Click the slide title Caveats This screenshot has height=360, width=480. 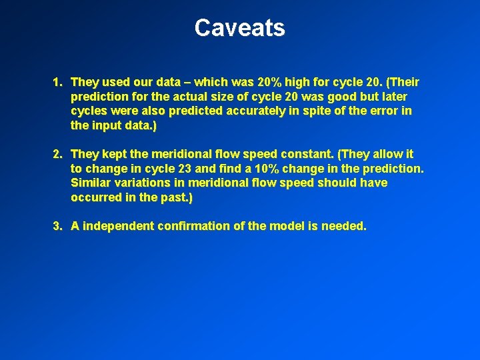tap(239, 28)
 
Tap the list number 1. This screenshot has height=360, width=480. tap(57, 83)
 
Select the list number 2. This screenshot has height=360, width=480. tap(57, 155)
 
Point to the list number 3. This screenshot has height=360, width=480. tap(57, 227)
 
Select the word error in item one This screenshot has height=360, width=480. tap(379, 111)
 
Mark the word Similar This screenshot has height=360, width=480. tap(91, 183)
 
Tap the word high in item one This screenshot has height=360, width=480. tap(296, 83)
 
